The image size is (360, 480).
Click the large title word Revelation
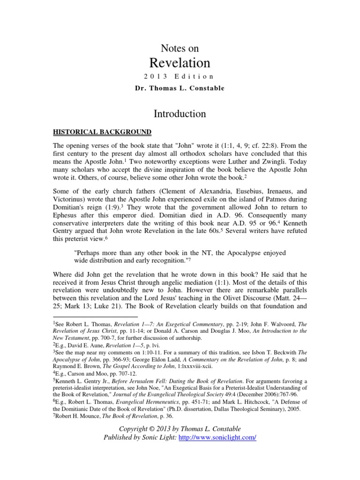click(x=180, y=63)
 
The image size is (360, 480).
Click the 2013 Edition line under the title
click(x=180, y=76)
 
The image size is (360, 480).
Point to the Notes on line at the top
click(x=180, y=48)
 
